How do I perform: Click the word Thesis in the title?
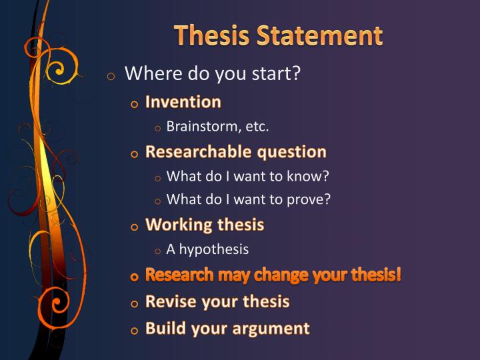click(x=208, y=35)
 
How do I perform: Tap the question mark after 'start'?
click(x=296, y=73)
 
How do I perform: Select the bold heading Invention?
click(x=183, y=102)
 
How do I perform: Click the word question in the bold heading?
click(x=291, y=152)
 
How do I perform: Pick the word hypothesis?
click(x=213, y=250)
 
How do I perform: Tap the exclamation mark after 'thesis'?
click(x=399, y=275)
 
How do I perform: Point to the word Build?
click(x=164, y=328)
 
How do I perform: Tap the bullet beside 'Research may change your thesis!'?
click(x=135, y=277)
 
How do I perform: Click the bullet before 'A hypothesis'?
click(x=157, y=251)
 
